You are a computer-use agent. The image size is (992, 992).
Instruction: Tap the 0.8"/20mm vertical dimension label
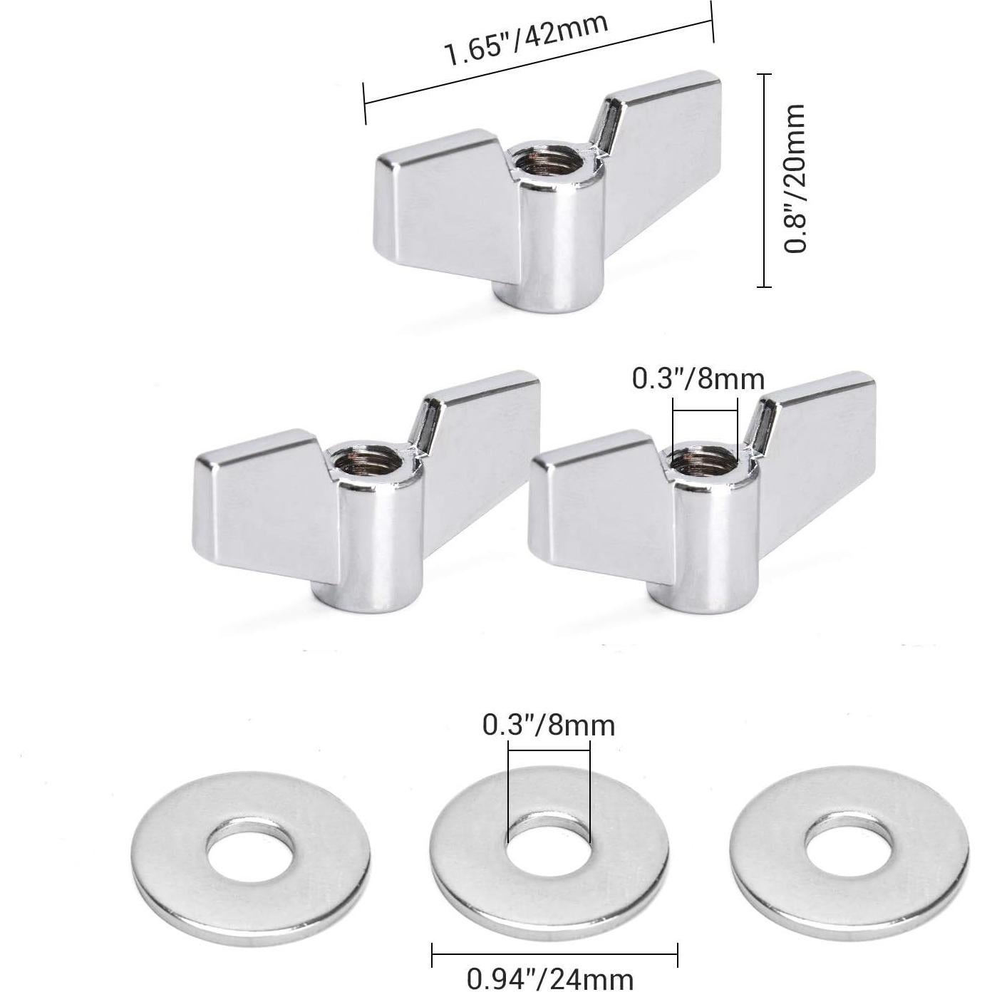(795, 178)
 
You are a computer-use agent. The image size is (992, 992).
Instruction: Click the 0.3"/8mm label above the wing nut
(698, 379)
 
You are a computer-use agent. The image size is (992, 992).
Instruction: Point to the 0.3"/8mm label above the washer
(549, 725)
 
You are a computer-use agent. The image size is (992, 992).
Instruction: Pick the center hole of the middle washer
(549, 847)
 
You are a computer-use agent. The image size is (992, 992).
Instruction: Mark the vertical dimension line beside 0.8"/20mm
(764, 178)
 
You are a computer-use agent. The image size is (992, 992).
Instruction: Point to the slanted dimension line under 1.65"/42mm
(538, 63)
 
